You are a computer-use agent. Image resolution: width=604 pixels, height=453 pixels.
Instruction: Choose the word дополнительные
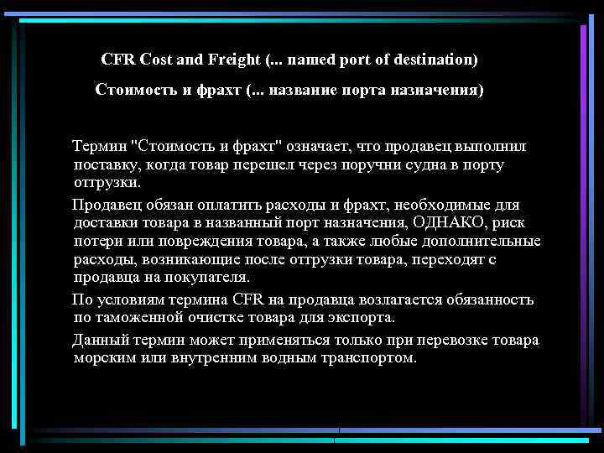pyautogui.click(x=486, y=242)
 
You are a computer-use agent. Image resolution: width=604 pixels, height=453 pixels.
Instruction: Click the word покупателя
pyautogui.click(x=207, y=279)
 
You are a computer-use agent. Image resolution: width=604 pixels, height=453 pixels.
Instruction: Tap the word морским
pyautogui.click(x=104, y=359)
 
